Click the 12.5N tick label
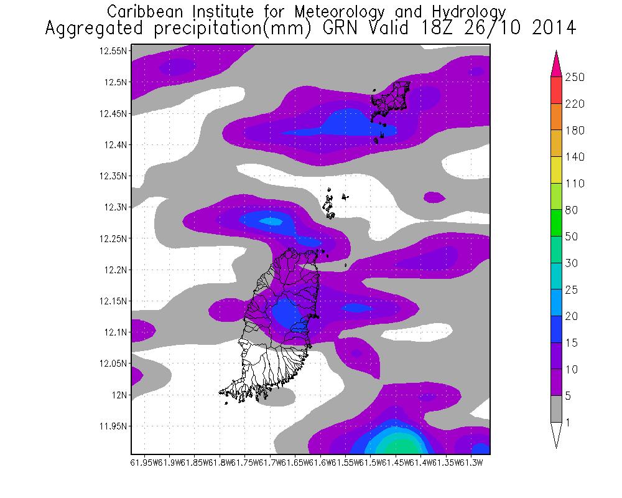[116, 82]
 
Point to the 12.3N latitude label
[116, 207]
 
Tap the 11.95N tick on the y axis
[114, 426]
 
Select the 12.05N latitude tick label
[114, 364]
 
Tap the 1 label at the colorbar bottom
[568, 423]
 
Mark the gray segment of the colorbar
[555, 409]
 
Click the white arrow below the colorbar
[555, 435]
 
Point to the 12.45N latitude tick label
[114, 113]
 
